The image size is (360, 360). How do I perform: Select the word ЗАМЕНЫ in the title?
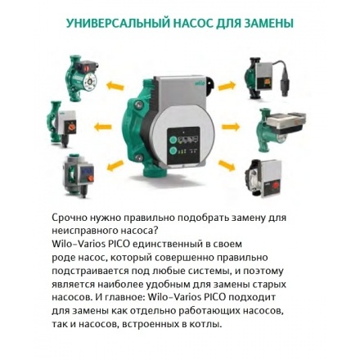269,23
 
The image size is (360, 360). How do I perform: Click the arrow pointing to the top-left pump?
115,85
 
